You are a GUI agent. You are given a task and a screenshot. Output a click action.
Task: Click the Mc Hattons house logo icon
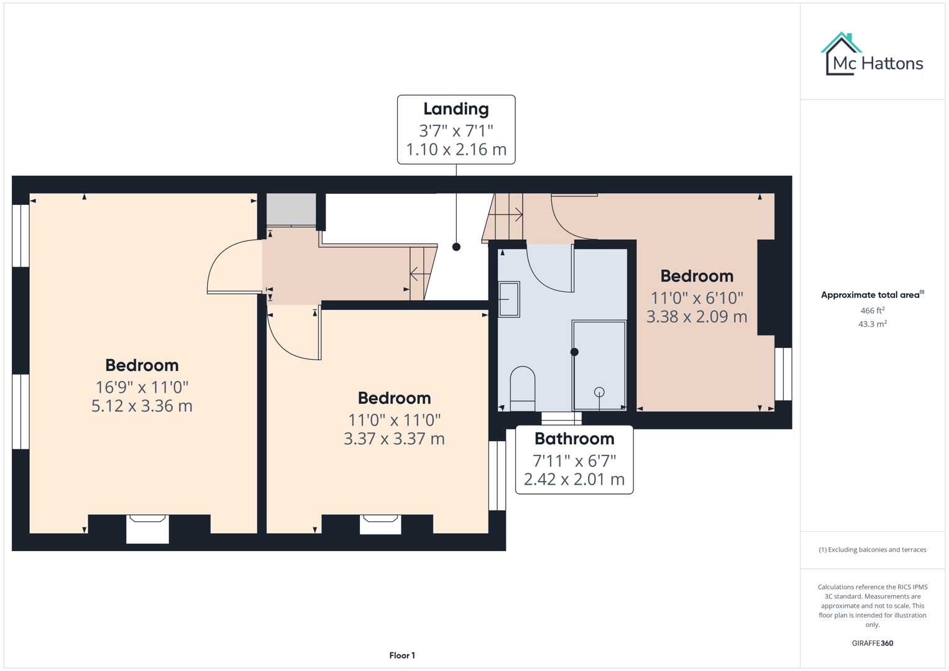[841, 54]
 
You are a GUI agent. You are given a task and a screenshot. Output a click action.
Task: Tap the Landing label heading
[456, 109]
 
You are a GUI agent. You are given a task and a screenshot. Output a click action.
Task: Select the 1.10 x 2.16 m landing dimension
[456, 150]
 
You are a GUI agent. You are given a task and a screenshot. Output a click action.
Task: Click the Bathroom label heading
[574, 439]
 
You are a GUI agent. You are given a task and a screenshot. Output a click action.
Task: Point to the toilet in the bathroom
[522, 388]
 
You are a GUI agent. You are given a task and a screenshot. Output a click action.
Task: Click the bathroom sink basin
[509, 299]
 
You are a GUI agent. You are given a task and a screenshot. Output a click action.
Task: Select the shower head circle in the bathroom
[599, 392]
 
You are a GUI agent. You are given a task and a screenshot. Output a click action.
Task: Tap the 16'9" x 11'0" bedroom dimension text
[142, 387]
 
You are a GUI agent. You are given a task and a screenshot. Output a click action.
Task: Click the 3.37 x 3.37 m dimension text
[394, 439]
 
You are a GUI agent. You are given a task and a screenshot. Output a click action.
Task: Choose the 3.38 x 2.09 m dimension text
[696, 317]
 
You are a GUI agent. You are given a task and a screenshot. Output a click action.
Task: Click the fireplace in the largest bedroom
[147, 527]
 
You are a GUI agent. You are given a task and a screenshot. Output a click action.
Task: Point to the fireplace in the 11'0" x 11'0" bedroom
[380, 524]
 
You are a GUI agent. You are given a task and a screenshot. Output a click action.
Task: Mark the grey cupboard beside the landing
[291, 209]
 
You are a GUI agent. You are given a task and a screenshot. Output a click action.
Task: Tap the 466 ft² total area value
[872, 311]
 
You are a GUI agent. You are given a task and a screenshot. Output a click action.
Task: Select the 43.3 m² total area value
[872, 324]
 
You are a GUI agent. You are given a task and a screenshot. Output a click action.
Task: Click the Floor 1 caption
[402, 655]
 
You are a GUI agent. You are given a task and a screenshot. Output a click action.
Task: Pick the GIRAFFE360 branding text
[872, 644]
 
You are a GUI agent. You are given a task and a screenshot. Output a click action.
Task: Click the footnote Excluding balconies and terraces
[872, 550]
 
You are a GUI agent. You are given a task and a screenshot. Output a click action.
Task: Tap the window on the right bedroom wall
[783, 373]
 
